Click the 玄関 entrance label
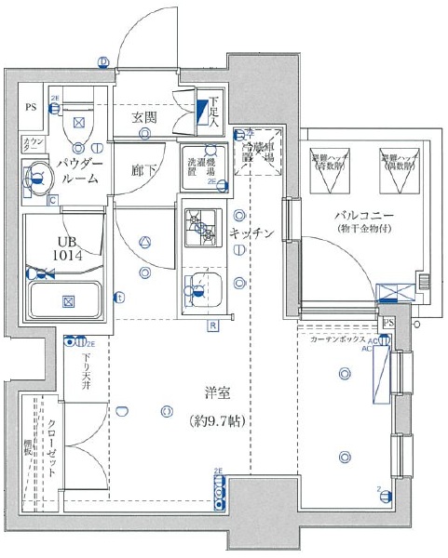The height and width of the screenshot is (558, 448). point(144,117)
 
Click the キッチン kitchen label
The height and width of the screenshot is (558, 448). point(252,233)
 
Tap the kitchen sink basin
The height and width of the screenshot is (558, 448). point(199,289)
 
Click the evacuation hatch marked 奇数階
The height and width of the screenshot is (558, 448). point(329,170)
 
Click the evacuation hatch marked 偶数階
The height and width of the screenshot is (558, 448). point(397,170)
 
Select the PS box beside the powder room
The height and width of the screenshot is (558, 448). point(31,106)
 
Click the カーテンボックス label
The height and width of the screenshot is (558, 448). point(340,339)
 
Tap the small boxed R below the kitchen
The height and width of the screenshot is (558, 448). point(212,325)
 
